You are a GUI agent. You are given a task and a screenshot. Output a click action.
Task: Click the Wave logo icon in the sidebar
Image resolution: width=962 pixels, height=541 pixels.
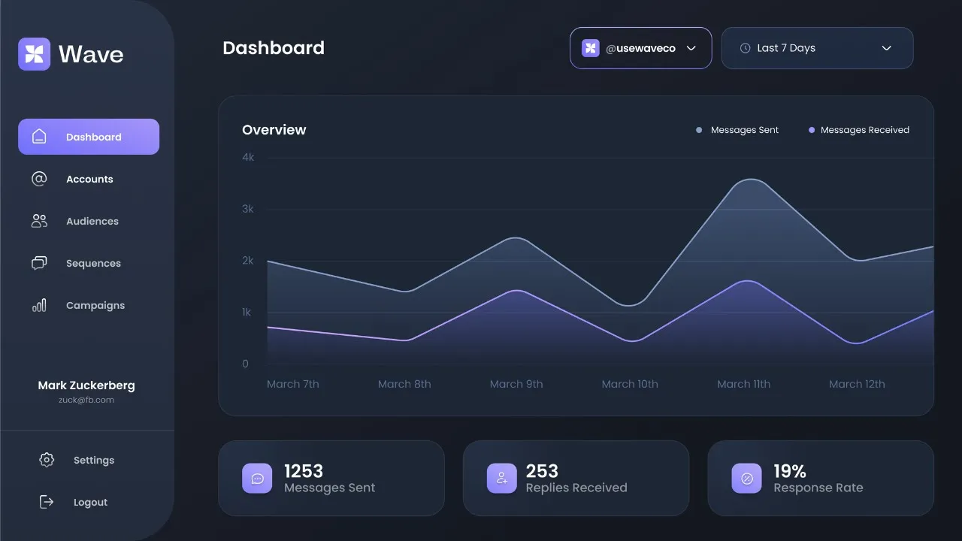pos(34,54)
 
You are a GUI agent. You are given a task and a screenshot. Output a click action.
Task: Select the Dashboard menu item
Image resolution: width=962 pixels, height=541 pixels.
pos(89,137)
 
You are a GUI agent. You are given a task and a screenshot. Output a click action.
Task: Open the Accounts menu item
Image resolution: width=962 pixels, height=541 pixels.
pos(89,179)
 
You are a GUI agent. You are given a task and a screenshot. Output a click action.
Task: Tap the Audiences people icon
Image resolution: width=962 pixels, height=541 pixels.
pos(39,221)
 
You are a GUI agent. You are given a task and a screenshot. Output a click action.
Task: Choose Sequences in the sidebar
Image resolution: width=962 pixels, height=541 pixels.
pos(93,263)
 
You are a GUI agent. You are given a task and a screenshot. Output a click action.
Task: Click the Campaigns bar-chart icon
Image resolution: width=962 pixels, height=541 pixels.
pos(39,305)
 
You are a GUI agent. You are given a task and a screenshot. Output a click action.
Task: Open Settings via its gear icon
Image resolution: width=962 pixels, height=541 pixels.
pos(47,460)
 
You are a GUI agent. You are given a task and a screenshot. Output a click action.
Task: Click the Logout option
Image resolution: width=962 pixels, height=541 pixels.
pos(90,502)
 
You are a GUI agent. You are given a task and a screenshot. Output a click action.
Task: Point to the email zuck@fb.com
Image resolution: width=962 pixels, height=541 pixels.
pos(86,400)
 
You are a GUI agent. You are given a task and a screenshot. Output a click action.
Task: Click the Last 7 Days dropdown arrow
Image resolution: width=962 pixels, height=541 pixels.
pos(886,48)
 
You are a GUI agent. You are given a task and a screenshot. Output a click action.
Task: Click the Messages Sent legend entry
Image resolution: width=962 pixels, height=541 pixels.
pos(744,130)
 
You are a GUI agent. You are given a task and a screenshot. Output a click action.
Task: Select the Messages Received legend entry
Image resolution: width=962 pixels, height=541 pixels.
pos(864,130)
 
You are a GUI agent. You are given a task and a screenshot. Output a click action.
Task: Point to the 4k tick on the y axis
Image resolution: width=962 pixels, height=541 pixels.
pos(248,157)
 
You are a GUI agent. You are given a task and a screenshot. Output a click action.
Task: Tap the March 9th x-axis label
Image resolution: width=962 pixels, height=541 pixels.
pos(516,384)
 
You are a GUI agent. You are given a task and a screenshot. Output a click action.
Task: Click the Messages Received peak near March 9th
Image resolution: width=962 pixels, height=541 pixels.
pos(517,290)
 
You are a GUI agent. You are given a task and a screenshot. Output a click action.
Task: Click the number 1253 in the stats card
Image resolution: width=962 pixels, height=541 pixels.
pos(304,471)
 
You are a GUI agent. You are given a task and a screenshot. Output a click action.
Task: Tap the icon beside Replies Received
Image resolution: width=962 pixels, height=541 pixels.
pos(502,479)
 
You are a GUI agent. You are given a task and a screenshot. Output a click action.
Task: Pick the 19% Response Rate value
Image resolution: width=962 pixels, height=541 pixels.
pos(790,471)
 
